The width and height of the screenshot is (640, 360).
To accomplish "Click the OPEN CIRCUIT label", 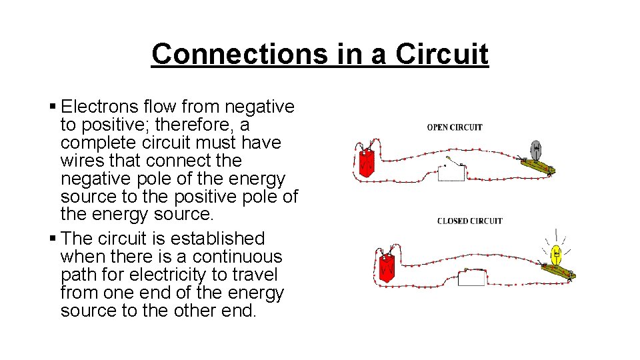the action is pos(455,127).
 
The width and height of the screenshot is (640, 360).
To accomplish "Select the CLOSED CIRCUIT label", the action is pos(469,221).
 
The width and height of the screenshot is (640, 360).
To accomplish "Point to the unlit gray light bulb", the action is pos(537,149).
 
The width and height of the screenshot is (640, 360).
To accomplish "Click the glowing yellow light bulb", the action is pos(557,254).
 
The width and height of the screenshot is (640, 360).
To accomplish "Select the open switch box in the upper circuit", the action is pos(451,173).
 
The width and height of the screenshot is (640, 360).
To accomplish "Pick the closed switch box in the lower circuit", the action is pos(471,277).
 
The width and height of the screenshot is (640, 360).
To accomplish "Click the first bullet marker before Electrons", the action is pos(53,107).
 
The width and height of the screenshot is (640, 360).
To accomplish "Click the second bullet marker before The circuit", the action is pos(53,239).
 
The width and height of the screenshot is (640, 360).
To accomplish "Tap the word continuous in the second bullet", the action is pos(245,257).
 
